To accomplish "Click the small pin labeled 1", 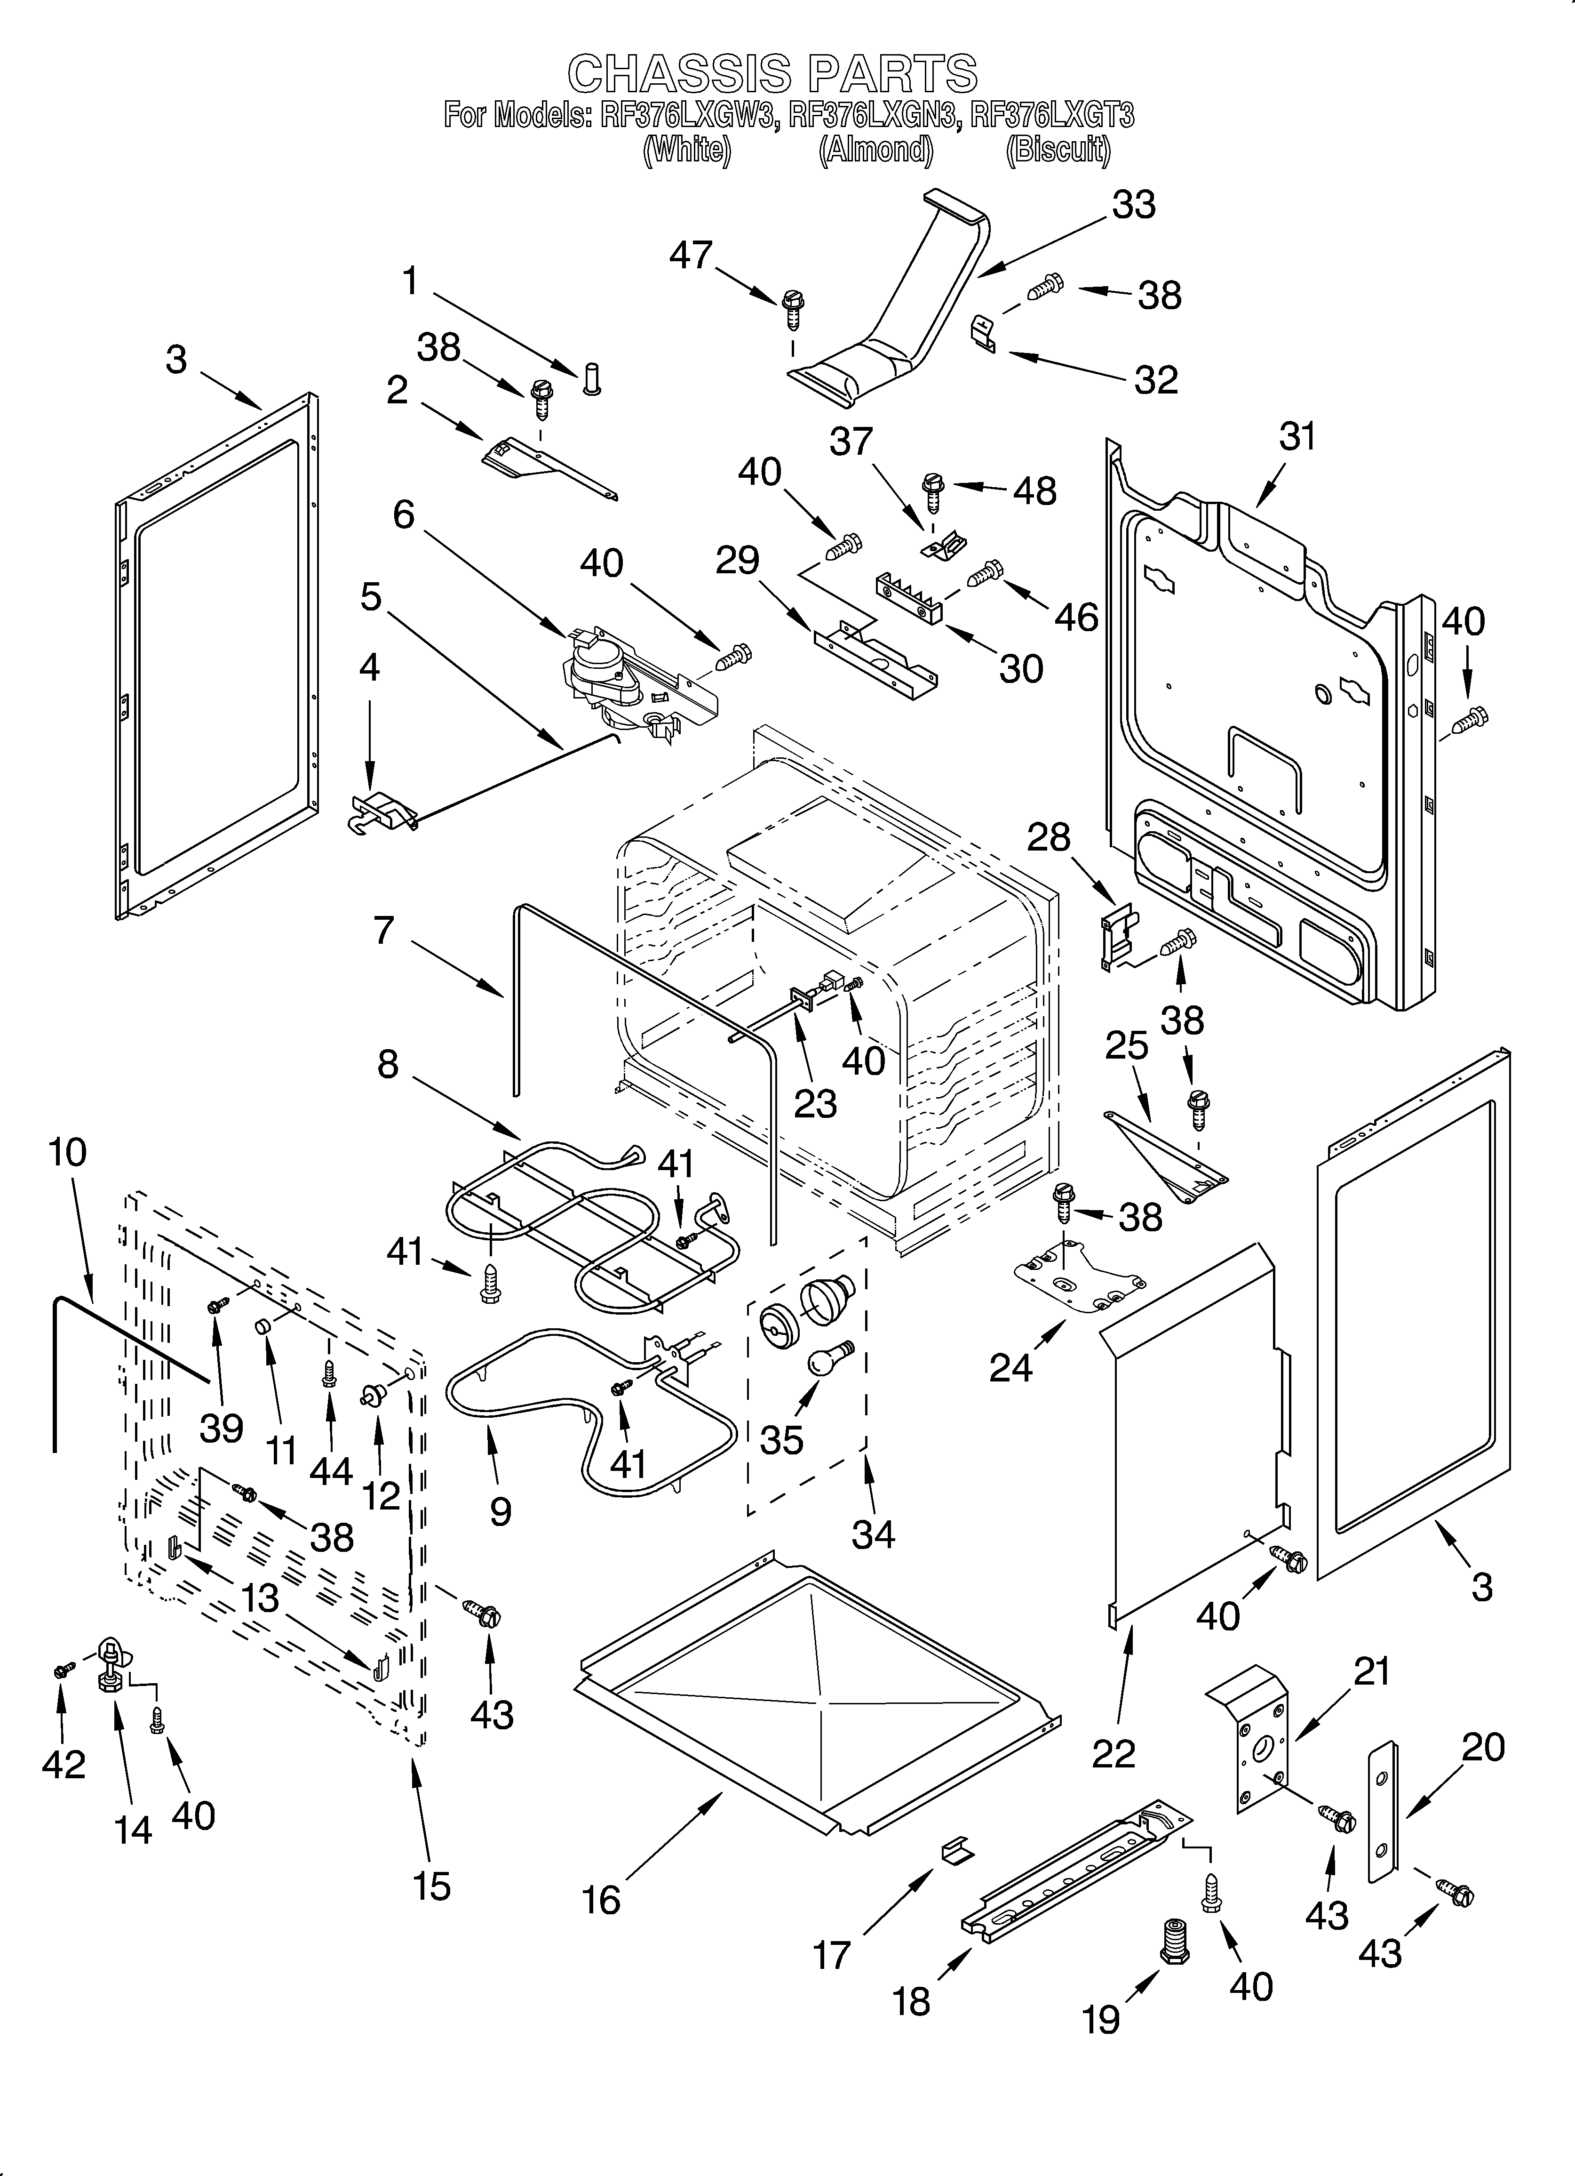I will pos(591,379).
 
